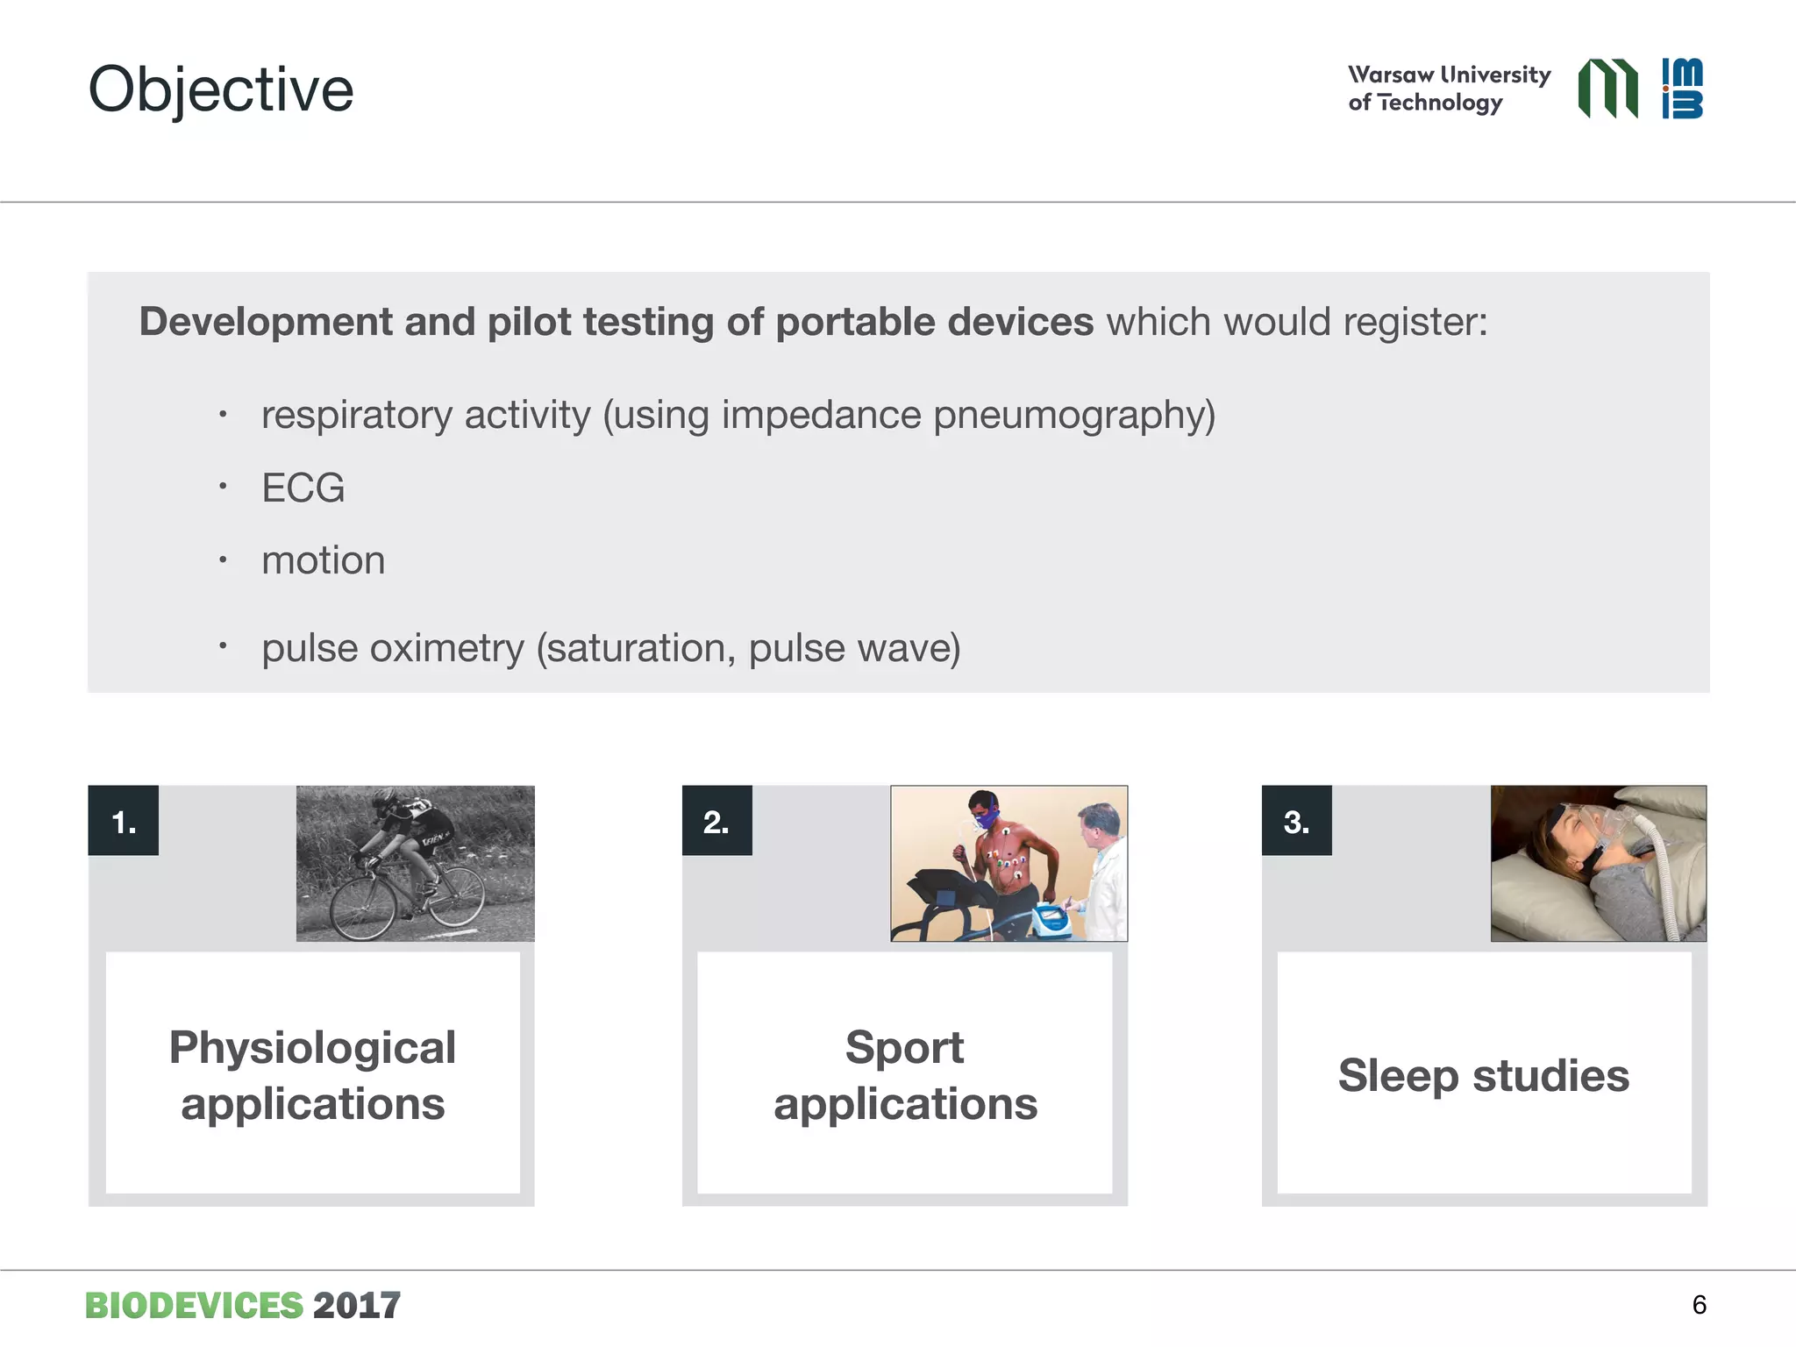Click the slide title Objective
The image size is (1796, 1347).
point(220,89)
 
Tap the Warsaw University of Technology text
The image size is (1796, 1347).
point(1449,88)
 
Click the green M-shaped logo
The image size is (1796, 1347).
point(1607,88)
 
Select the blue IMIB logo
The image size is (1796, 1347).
point(1682,88)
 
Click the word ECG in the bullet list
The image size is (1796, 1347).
point(303,488)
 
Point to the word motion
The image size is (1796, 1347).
point(323,560)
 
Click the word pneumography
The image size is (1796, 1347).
point(1073,415)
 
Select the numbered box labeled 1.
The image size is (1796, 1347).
point(124,821)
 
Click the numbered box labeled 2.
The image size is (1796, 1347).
point(716,821)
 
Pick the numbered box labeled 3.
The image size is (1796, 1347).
point(1296,821)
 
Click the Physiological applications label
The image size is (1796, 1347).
point(312,1075)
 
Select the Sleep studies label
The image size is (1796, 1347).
point(1483,1075)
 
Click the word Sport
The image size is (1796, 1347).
point(904,1048)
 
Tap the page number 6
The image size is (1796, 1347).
point(1699,1305)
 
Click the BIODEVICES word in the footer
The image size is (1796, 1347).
point(194,1306)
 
